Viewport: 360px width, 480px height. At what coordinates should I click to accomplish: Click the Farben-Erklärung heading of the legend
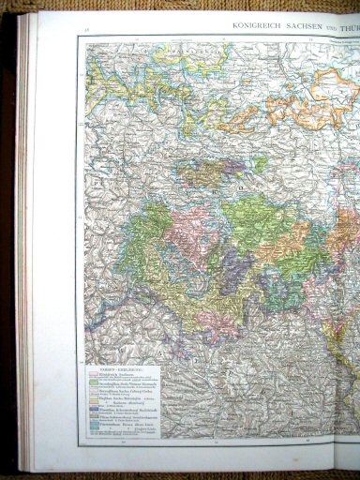point(120,369)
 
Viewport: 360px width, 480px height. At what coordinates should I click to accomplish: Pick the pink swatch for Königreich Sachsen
point(94,375)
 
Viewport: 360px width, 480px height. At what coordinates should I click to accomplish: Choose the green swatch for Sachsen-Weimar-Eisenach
point(94,382)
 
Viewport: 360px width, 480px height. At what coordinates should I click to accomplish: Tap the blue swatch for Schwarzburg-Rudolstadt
point(94,409)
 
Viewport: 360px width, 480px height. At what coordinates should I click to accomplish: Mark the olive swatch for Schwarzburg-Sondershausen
point(94,415)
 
